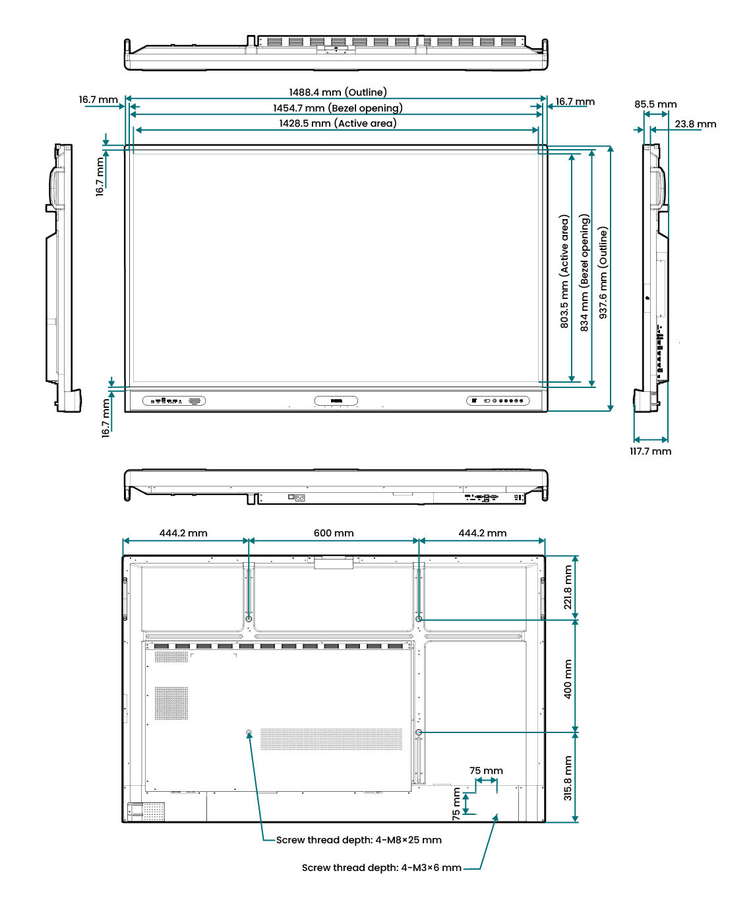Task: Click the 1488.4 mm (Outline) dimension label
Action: tap(338, 92)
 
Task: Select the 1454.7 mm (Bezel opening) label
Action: tap(338, 108)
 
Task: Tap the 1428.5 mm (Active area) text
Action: tap(338, 123)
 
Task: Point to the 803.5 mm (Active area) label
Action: tap(564, 271)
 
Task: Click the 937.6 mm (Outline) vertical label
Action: tap(603, 273)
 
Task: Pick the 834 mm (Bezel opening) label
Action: tap(584, 273)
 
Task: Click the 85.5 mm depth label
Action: tap(655, 104)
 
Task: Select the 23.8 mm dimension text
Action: tap(696, 124)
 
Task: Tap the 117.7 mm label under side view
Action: tap(650, 451)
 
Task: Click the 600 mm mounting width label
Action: tap(334, 533)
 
